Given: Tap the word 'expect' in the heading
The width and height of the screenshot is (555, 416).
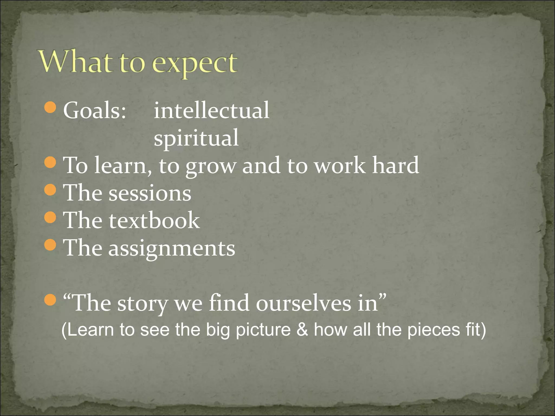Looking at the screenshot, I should click(195, 64).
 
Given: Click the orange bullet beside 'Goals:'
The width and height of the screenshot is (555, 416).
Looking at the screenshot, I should click(50, 108).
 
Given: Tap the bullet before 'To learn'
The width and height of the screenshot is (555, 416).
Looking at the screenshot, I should click(50, 162).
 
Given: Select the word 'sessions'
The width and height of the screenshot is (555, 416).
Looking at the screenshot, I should click(150, 193).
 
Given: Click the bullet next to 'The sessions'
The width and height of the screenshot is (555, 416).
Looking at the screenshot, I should click(50, 190).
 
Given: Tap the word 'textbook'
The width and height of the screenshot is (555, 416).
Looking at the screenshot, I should click(154, 220).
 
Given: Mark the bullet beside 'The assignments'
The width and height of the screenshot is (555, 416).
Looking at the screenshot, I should click(50, 245).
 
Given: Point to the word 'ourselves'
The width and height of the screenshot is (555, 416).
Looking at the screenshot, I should click(303, 303).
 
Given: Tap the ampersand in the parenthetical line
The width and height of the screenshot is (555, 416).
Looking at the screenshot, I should click(302, 330).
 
